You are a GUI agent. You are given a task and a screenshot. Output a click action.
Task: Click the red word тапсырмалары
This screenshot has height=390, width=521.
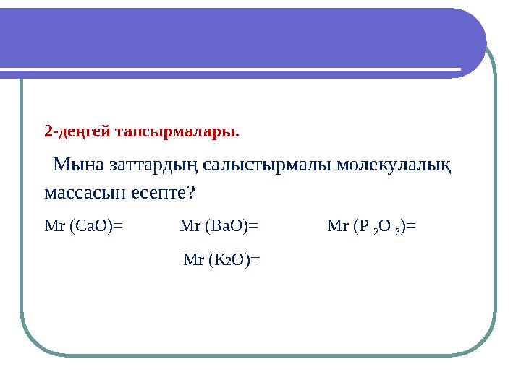(x=177, y=132)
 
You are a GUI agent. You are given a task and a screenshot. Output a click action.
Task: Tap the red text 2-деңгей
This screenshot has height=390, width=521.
(x=77, y=132)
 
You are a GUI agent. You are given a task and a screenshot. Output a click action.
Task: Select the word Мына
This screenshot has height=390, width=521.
(x=79, y=164)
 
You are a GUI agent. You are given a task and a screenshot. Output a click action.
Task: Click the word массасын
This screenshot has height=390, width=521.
(x=85, y=193)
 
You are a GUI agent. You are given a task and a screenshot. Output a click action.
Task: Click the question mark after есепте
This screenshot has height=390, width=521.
(x=190, y=193)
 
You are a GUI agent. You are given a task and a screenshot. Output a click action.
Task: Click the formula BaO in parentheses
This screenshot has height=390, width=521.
(x=226, y=226)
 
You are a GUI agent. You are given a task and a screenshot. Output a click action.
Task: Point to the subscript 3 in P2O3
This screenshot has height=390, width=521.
(x=397, y=232)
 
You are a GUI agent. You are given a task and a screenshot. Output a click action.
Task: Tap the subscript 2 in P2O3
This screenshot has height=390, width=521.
(x=376, y=232)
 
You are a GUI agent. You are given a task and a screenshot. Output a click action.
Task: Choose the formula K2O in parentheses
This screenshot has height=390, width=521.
(x=229, y=260)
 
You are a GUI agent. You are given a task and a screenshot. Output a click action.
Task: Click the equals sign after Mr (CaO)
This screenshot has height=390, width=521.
(x=118, y=226)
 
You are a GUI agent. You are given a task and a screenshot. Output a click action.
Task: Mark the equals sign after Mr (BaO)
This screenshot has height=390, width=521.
(x=253, y=226)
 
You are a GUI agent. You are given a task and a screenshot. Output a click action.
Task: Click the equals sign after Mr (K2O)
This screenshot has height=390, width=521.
(x=255, y=260)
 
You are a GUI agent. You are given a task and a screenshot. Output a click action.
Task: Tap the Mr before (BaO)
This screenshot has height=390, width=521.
(x=190, y=226)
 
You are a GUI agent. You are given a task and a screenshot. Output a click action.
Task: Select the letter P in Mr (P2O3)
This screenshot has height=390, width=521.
(x=364, y=226)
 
